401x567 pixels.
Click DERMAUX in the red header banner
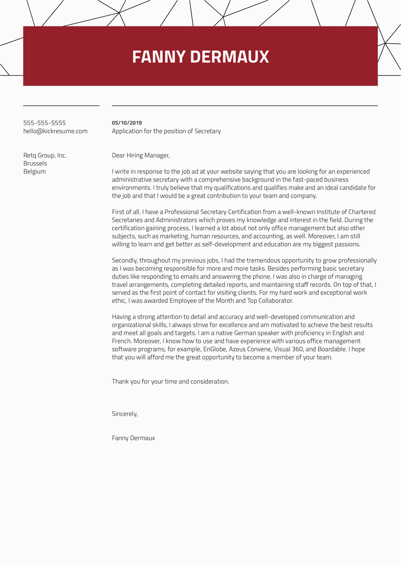(229, 57)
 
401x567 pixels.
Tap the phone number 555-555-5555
(45, 123)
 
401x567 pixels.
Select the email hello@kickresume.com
(55, 131)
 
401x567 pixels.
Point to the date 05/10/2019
(127, 123)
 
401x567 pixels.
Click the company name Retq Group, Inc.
(45, 155)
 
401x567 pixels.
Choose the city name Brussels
(35, 164)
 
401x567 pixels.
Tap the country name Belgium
(35, 171)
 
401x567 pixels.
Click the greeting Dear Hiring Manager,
(141, 155)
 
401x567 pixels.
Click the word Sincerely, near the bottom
(125, 414)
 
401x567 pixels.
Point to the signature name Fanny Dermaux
(133, 438)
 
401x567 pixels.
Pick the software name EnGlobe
(215, 349)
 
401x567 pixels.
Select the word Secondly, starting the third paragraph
(125, 260)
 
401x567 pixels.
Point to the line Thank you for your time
(170, 382)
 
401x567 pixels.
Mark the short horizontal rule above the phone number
(61, 106)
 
